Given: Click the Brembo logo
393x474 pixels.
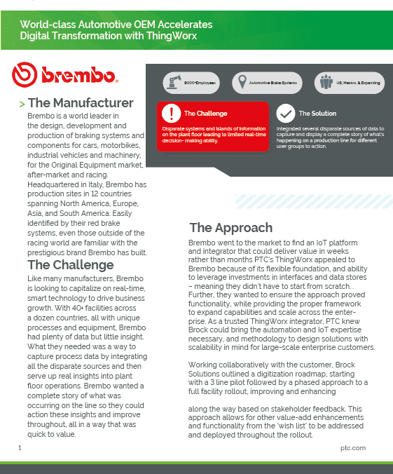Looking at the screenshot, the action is coord(64,74).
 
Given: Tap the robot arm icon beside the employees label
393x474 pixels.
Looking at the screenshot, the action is coord(173,83).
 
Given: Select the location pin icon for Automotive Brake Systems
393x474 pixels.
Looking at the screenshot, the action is coord(242,83).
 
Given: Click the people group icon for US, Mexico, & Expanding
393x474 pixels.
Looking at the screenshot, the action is coord(325,83).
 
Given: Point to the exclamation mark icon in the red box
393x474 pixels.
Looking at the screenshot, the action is coord(172,114).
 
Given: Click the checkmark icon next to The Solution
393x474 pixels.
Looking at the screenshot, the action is coord(286,113).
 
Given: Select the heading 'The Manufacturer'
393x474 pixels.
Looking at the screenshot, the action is coord(80,103).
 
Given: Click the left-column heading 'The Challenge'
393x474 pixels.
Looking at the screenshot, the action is coord(70,265).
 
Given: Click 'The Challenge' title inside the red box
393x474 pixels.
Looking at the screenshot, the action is coord(205,114).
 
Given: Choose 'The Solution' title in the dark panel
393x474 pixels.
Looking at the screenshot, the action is coord(317,114).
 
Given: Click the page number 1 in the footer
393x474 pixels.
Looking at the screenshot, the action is coord(20,447).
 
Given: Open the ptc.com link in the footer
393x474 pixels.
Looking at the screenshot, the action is coord(353,447).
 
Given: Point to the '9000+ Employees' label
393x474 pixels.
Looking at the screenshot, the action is coord(200,83).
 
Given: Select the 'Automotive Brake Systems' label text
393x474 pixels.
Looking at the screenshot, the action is coord(273,83).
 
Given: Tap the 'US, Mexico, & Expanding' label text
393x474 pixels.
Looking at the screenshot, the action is coord(357,83).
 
